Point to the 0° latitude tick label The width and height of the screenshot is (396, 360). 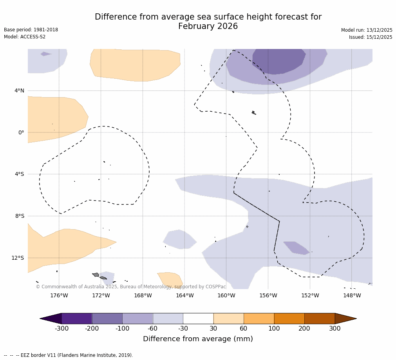pyautogui.click(x=21, y=133)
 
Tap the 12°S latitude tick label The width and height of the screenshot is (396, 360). pyautogui.click(x=18, y=258)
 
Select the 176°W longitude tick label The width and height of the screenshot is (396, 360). pyautogui.click(x=59, y=295)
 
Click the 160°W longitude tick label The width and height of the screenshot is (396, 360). pyautogui.click(x=226, y=295)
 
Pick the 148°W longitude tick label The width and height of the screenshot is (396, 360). pyautogui.click(x=352, y=295)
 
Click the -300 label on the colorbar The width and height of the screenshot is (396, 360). pyautogui.click(x=61, y=329)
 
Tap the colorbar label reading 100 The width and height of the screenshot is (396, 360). pyautogui.click(x=274, y=329)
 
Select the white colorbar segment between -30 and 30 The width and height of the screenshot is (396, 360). pyautogui.click(x=198, y=318)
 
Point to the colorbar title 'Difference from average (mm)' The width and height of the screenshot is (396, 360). pyautogui.click(x=198, y=339)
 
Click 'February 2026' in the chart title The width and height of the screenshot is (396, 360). pyautogui.click(x=208, y=27)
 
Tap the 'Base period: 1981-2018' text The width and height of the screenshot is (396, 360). pyautogui.click(x=31, y=30)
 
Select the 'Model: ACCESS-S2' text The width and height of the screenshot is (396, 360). pyautogui.click(x=25, y=37)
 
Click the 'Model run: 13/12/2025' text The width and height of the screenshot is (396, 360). pyautogui.click(x=367, y=30)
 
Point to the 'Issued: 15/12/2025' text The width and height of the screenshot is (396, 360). pyautogui.click(x=371, y=37)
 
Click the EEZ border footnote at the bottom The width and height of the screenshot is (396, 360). pyautogui.click(x=69, y=355)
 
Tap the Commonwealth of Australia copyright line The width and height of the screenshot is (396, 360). pyautogui.click(x=131, y=287)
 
